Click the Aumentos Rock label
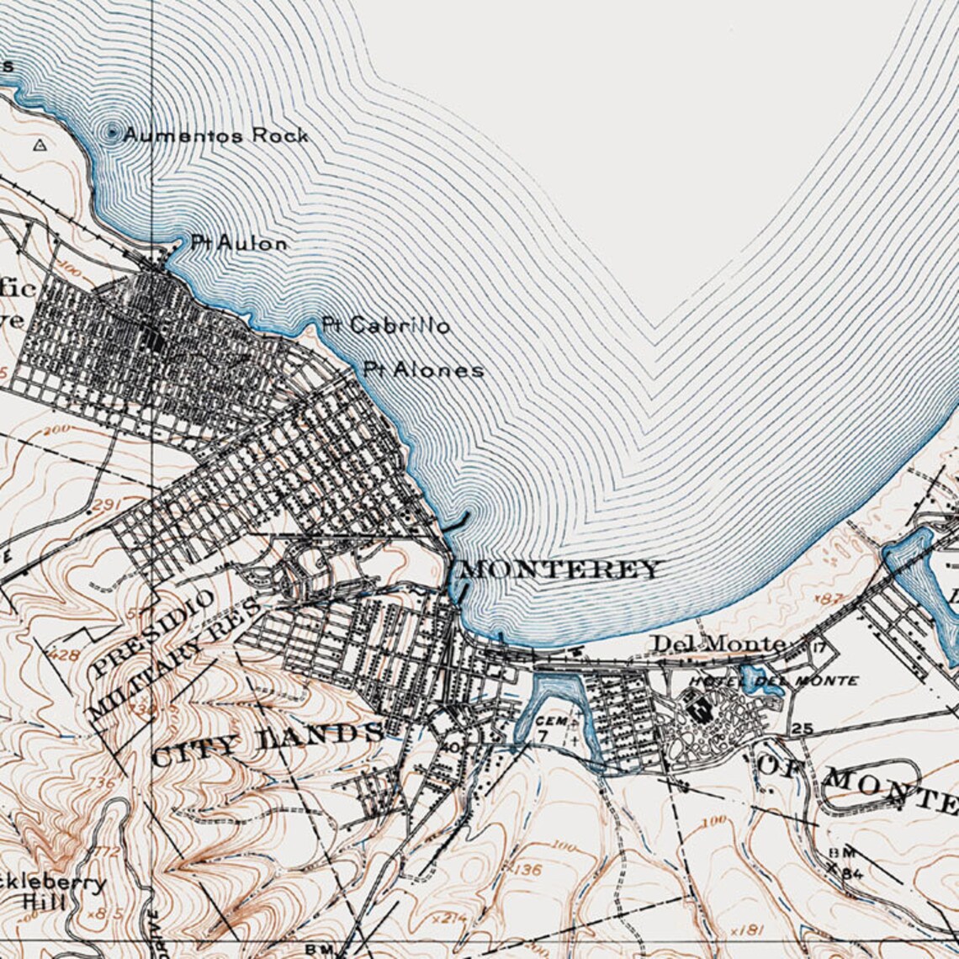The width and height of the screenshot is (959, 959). click(x=216, y=135)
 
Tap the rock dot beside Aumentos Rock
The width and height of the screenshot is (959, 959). click(x=112, y=132)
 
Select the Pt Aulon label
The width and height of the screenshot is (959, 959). click(x=239, y=243)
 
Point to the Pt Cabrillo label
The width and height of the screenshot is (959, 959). click(x=386, y=326)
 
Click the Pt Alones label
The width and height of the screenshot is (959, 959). click(x=424, y=369)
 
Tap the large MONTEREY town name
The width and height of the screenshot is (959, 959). click(x=561, y=570)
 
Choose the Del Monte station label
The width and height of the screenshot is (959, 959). click(x=720, y=644)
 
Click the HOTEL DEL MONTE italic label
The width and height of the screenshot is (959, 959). click(x=773, y=681)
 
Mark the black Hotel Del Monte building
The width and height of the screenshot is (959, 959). click(x=698, y=708)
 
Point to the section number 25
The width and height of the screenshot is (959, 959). click(x=802, y=728)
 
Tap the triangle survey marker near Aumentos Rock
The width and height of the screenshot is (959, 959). click(x=39, y=145)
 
